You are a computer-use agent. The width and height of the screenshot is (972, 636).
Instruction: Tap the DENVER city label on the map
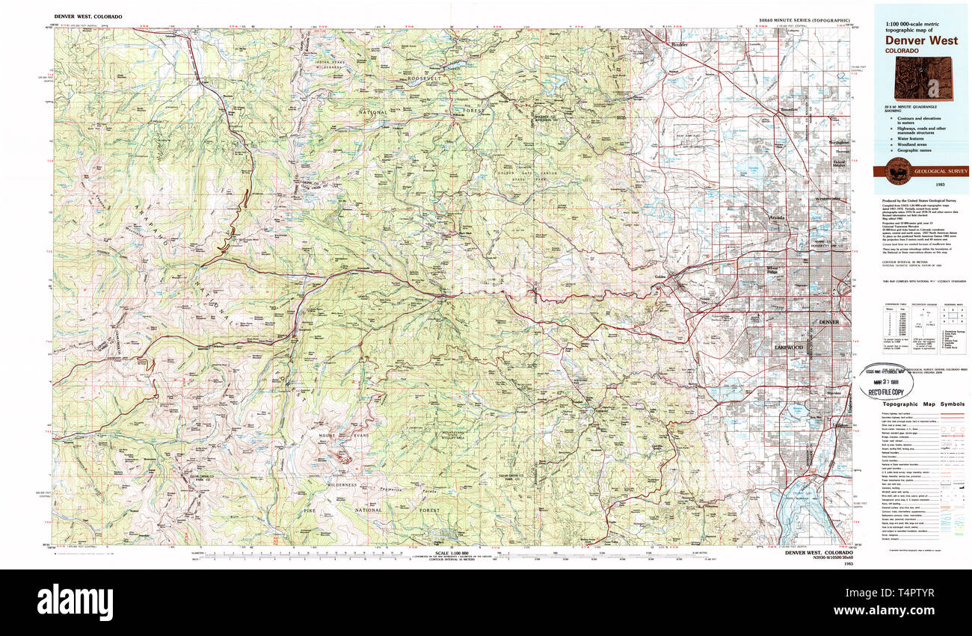point(828,322)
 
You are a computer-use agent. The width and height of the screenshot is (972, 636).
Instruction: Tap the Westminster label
point(828,199)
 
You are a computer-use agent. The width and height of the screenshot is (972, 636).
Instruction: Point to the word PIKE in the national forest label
point(309,510)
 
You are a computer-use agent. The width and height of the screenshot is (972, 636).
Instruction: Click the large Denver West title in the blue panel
point(920,41)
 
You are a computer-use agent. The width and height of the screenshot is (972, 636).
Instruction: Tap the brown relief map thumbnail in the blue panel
point(924,79)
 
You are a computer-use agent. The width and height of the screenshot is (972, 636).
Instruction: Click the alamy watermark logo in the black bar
point(75,601)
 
